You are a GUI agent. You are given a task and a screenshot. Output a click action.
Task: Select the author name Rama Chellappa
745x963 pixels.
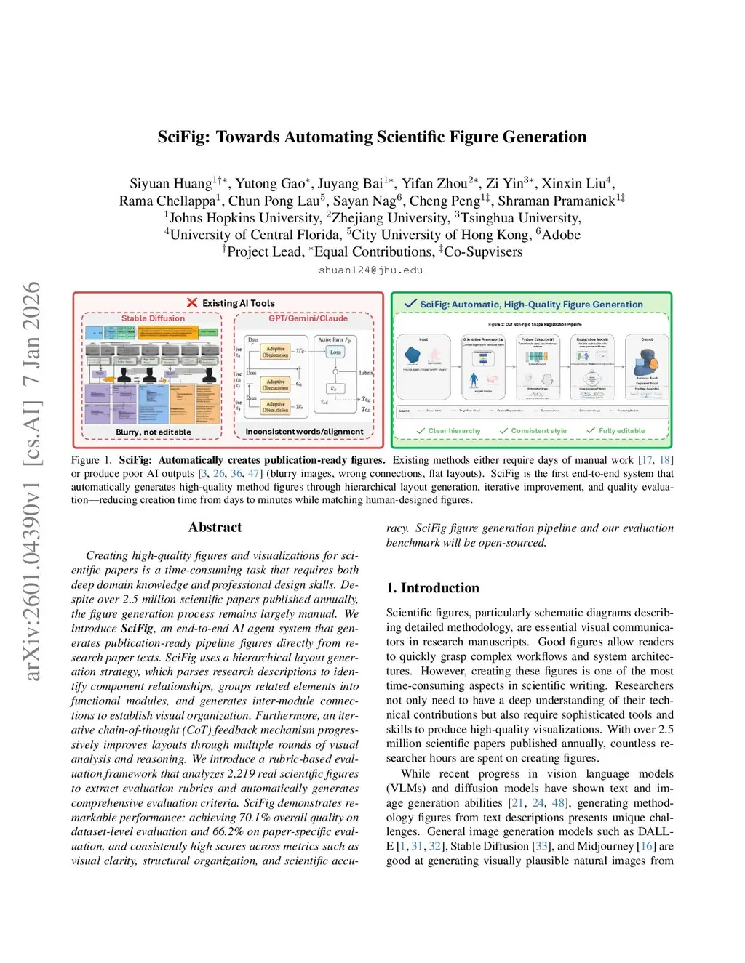(167, 201)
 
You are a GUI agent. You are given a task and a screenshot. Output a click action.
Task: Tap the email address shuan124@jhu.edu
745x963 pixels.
(370, 270)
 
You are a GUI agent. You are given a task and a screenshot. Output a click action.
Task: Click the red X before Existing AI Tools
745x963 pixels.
(192, 303)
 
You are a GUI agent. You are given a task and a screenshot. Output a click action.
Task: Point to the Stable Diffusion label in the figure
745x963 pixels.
(153, 318)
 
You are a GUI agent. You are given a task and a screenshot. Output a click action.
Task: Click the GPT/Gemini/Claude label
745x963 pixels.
(308, 318)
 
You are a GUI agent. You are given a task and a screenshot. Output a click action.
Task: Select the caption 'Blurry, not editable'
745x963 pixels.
(153, 432)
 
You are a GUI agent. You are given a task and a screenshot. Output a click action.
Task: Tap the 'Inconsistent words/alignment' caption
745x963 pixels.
(304, 432)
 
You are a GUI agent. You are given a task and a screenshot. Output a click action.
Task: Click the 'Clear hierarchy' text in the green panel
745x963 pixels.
(454, 431)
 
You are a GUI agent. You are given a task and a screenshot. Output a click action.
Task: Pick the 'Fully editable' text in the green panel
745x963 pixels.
(621, 431)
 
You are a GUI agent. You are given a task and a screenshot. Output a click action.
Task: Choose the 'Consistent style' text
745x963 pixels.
(538, 431)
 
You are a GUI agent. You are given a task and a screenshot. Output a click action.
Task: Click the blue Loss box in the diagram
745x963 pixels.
(335, 352)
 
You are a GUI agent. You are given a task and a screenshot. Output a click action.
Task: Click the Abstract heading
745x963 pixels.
(215, 528)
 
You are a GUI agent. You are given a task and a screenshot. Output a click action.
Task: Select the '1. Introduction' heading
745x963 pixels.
(433, 588)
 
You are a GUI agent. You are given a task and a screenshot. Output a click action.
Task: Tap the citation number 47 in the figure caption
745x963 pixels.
(254, 473)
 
